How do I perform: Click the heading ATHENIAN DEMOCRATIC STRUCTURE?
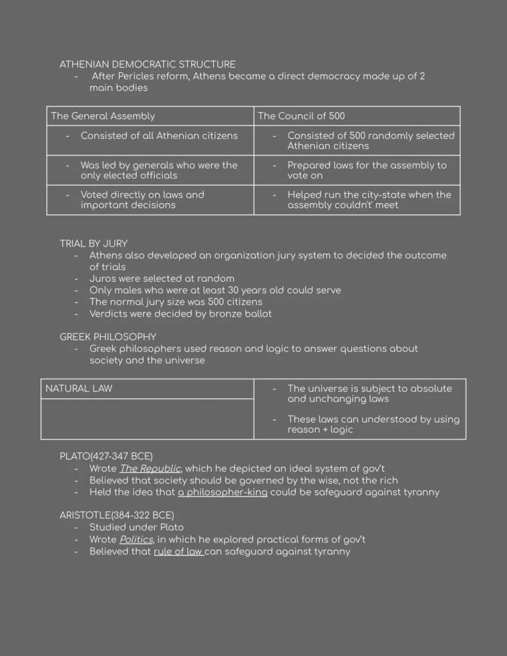point(147,64)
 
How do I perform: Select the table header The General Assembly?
point(103,116)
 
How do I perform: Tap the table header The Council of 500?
point(301,116)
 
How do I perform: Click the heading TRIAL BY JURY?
point(94,243)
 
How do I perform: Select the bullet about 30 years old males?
point(215,290)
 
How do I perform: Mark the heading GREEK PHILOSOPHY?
point(108,336)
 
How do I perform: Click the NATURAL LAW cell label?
point(79,388)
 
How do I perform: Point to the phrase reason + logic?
point(320,429)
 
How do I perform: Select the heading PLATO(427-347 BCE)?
point(106,456)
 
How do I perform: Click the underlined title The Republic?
point(150,469)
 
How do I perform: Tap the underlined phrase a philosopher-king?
point(222,492)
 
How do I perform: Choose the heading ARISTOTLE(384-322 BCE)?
point(116,515)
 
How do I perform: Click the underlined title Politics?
point(136,539)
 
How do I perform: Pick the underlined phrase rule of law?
point(178,551)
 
